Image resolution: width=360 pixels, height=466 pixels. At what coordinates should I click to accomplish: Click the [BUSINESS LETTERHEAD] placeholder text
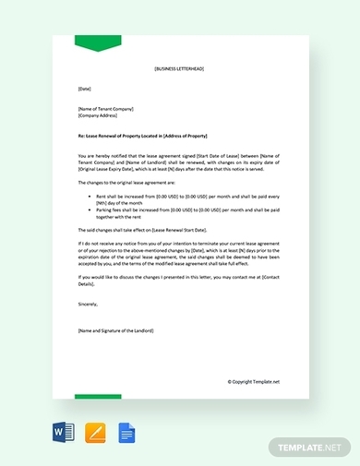click(179, 69)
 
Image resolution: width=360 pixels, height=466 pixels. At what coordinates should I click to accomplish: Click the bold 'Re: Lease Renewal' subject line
click(154, 135)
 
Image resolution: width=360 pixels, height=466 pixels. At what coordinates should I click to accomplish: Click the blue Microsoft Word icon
click(65, 432)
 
